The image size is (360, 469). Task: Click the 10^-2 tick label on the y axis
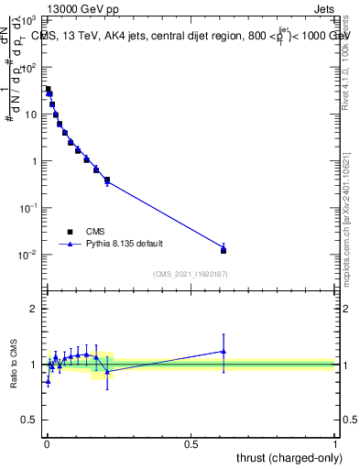(x=30, y=255)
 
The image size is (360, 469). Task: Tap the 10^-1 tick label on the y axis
(x=30, y=208)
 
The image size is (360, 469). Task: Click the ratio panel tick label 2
(x=35, y=309)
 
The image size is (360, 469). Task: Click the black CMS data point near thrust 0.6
(x=224, y=250)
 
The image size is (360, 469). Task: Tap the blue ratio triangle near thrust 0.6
(x=224, y=351)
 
